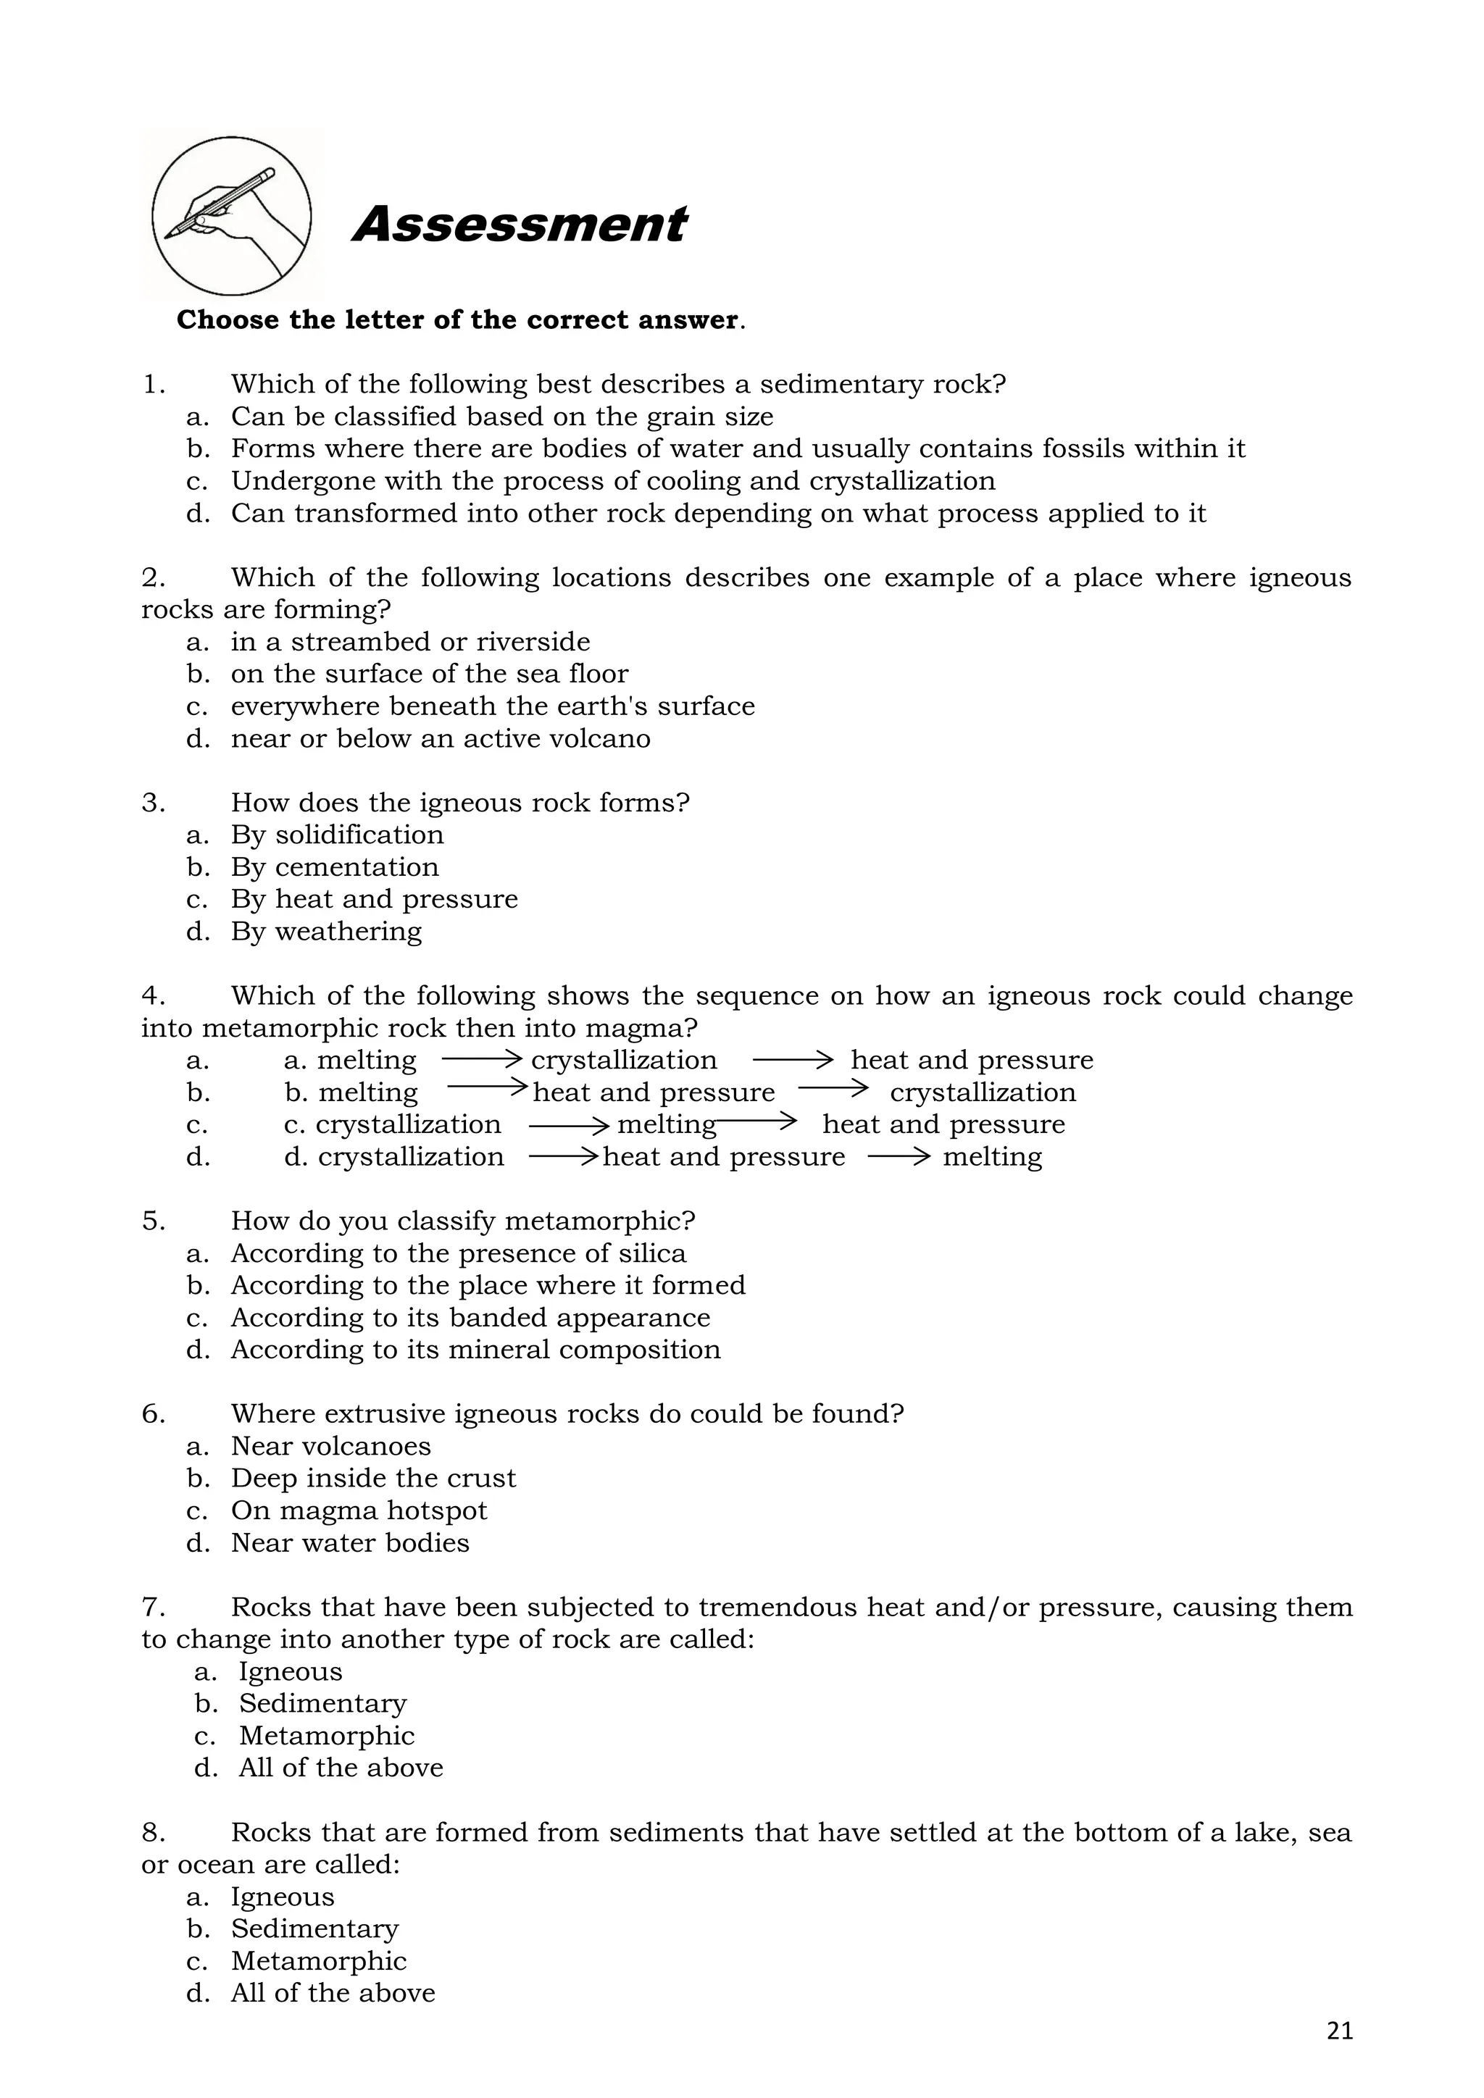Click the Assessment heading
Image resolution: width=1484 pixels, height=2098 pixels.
[519, 225]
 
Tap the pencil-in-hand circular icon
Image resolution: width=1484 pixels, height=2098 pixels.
[231, 217]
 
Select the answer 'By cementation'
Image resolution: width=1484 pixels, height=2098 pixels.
[335, 866]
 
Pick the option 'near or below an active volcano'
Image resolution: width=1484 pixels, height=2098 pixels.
[441, 738]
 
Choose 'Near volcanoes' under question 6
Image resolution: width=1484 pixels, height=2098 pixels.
[331, 1445]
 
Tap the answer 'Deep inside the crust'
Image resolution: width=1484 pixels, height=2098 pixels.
[373, 1478]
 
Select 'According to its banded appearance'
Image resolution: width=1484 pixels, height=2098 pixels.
[470, 1317]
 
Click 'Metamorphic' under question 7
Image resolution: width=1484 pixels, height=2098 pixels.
[326, 1735]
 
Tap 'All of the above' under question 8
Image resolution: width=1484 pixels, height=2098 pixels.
[333, 1992]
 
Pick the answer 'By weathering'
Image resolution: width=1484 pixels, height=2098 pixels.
[326, 931]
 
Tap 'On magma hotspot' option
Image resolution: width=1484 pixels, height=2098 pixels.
[359, 1510]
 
